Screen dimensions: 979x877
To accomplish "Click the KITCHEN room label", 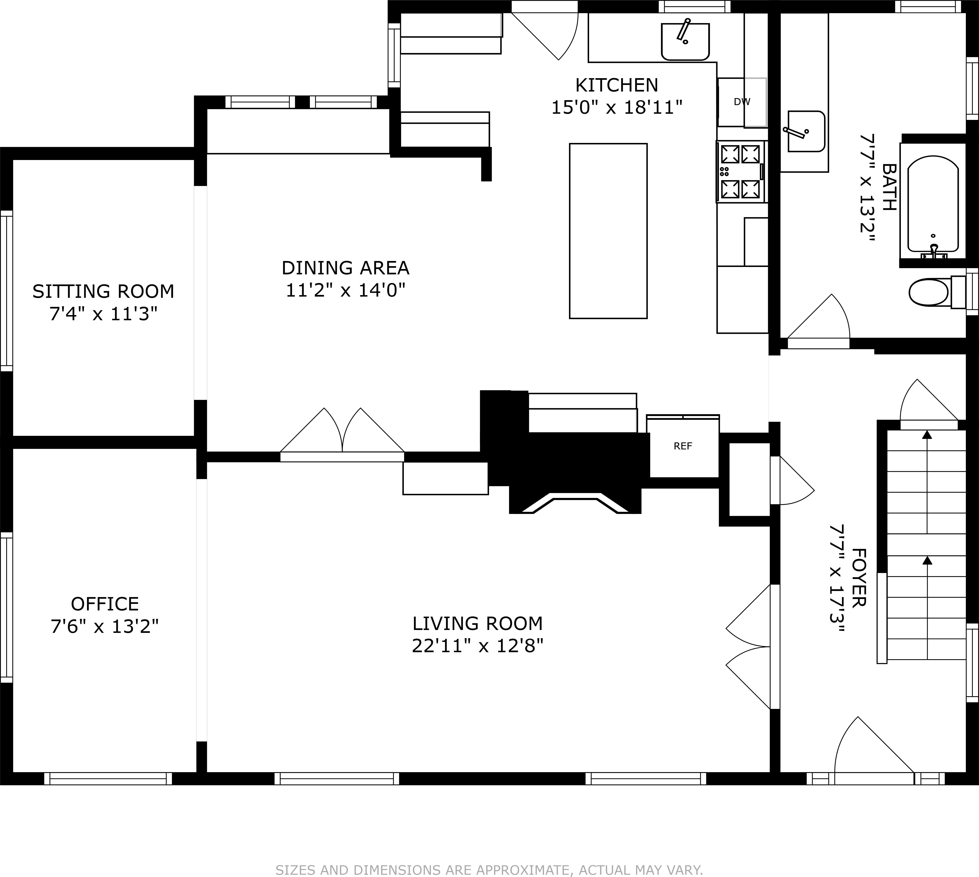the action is (616, 85).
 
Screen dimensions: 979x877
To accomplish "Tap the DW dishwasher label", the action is (742, 102).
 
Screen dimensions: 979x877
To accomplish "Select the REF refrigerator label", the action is (683, 446).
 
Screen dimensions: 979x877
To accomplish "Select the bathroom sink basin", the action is (806, 131).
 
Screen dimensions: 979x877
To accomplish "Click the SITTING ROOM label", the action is (103, 291).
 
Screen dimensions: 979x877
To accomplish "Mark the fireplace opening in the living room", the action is (575, 505).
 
